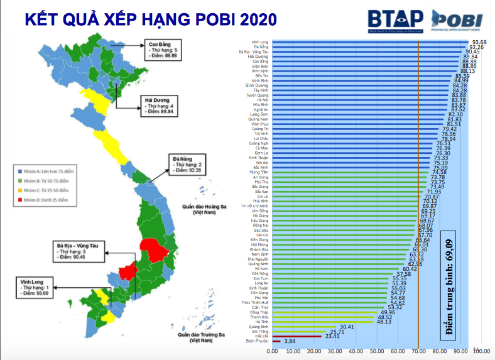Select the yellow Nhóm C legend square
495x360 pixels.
21,190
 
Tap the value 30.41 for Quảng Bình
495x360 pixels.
347,326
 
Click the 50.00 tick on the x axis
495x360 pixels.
377,351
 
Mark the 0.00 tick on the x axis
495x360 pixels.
273,351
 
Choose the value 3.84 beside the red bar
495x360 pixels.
290,341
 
